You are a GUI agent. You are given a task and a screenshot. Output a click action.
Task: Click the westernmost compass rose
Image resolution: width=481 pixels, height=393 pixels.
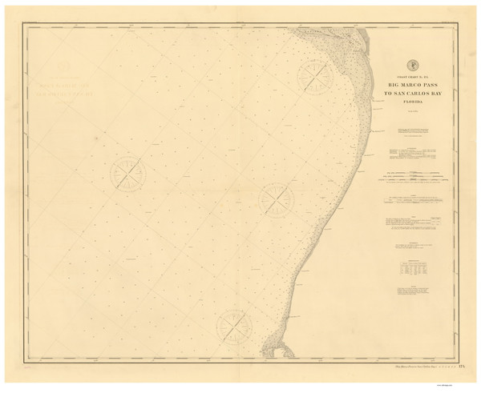(x=127, y=173)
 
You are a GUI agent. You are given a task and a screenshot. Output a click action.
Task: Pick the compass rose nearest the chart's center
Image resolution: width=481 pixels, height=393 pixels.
(x=276, y=198)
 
